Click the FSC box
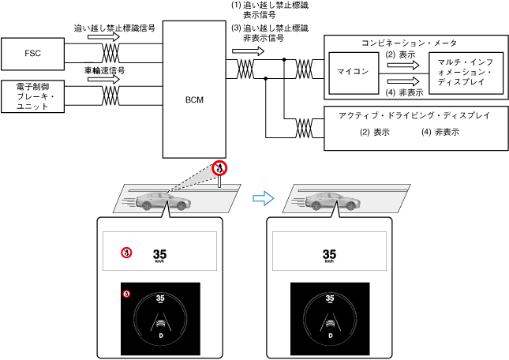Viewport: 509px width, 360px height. click(x=33, y=54)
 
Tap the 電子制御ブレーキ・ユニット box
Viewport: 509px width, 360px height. click(x=33, y=97)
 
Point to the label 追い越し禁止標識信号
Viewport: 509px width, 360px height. click(x=114, y=27)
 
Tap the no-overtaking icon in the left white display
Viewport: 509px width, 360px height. click(x=125, y=252)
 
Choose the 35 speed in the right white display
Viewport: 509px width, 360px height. click(x=330, y=254)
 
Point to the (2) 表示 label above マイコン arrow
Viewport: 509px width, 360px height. click(x=401, y=54)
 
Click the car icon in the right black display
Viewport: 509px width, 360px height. click(x=330, y=323)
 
